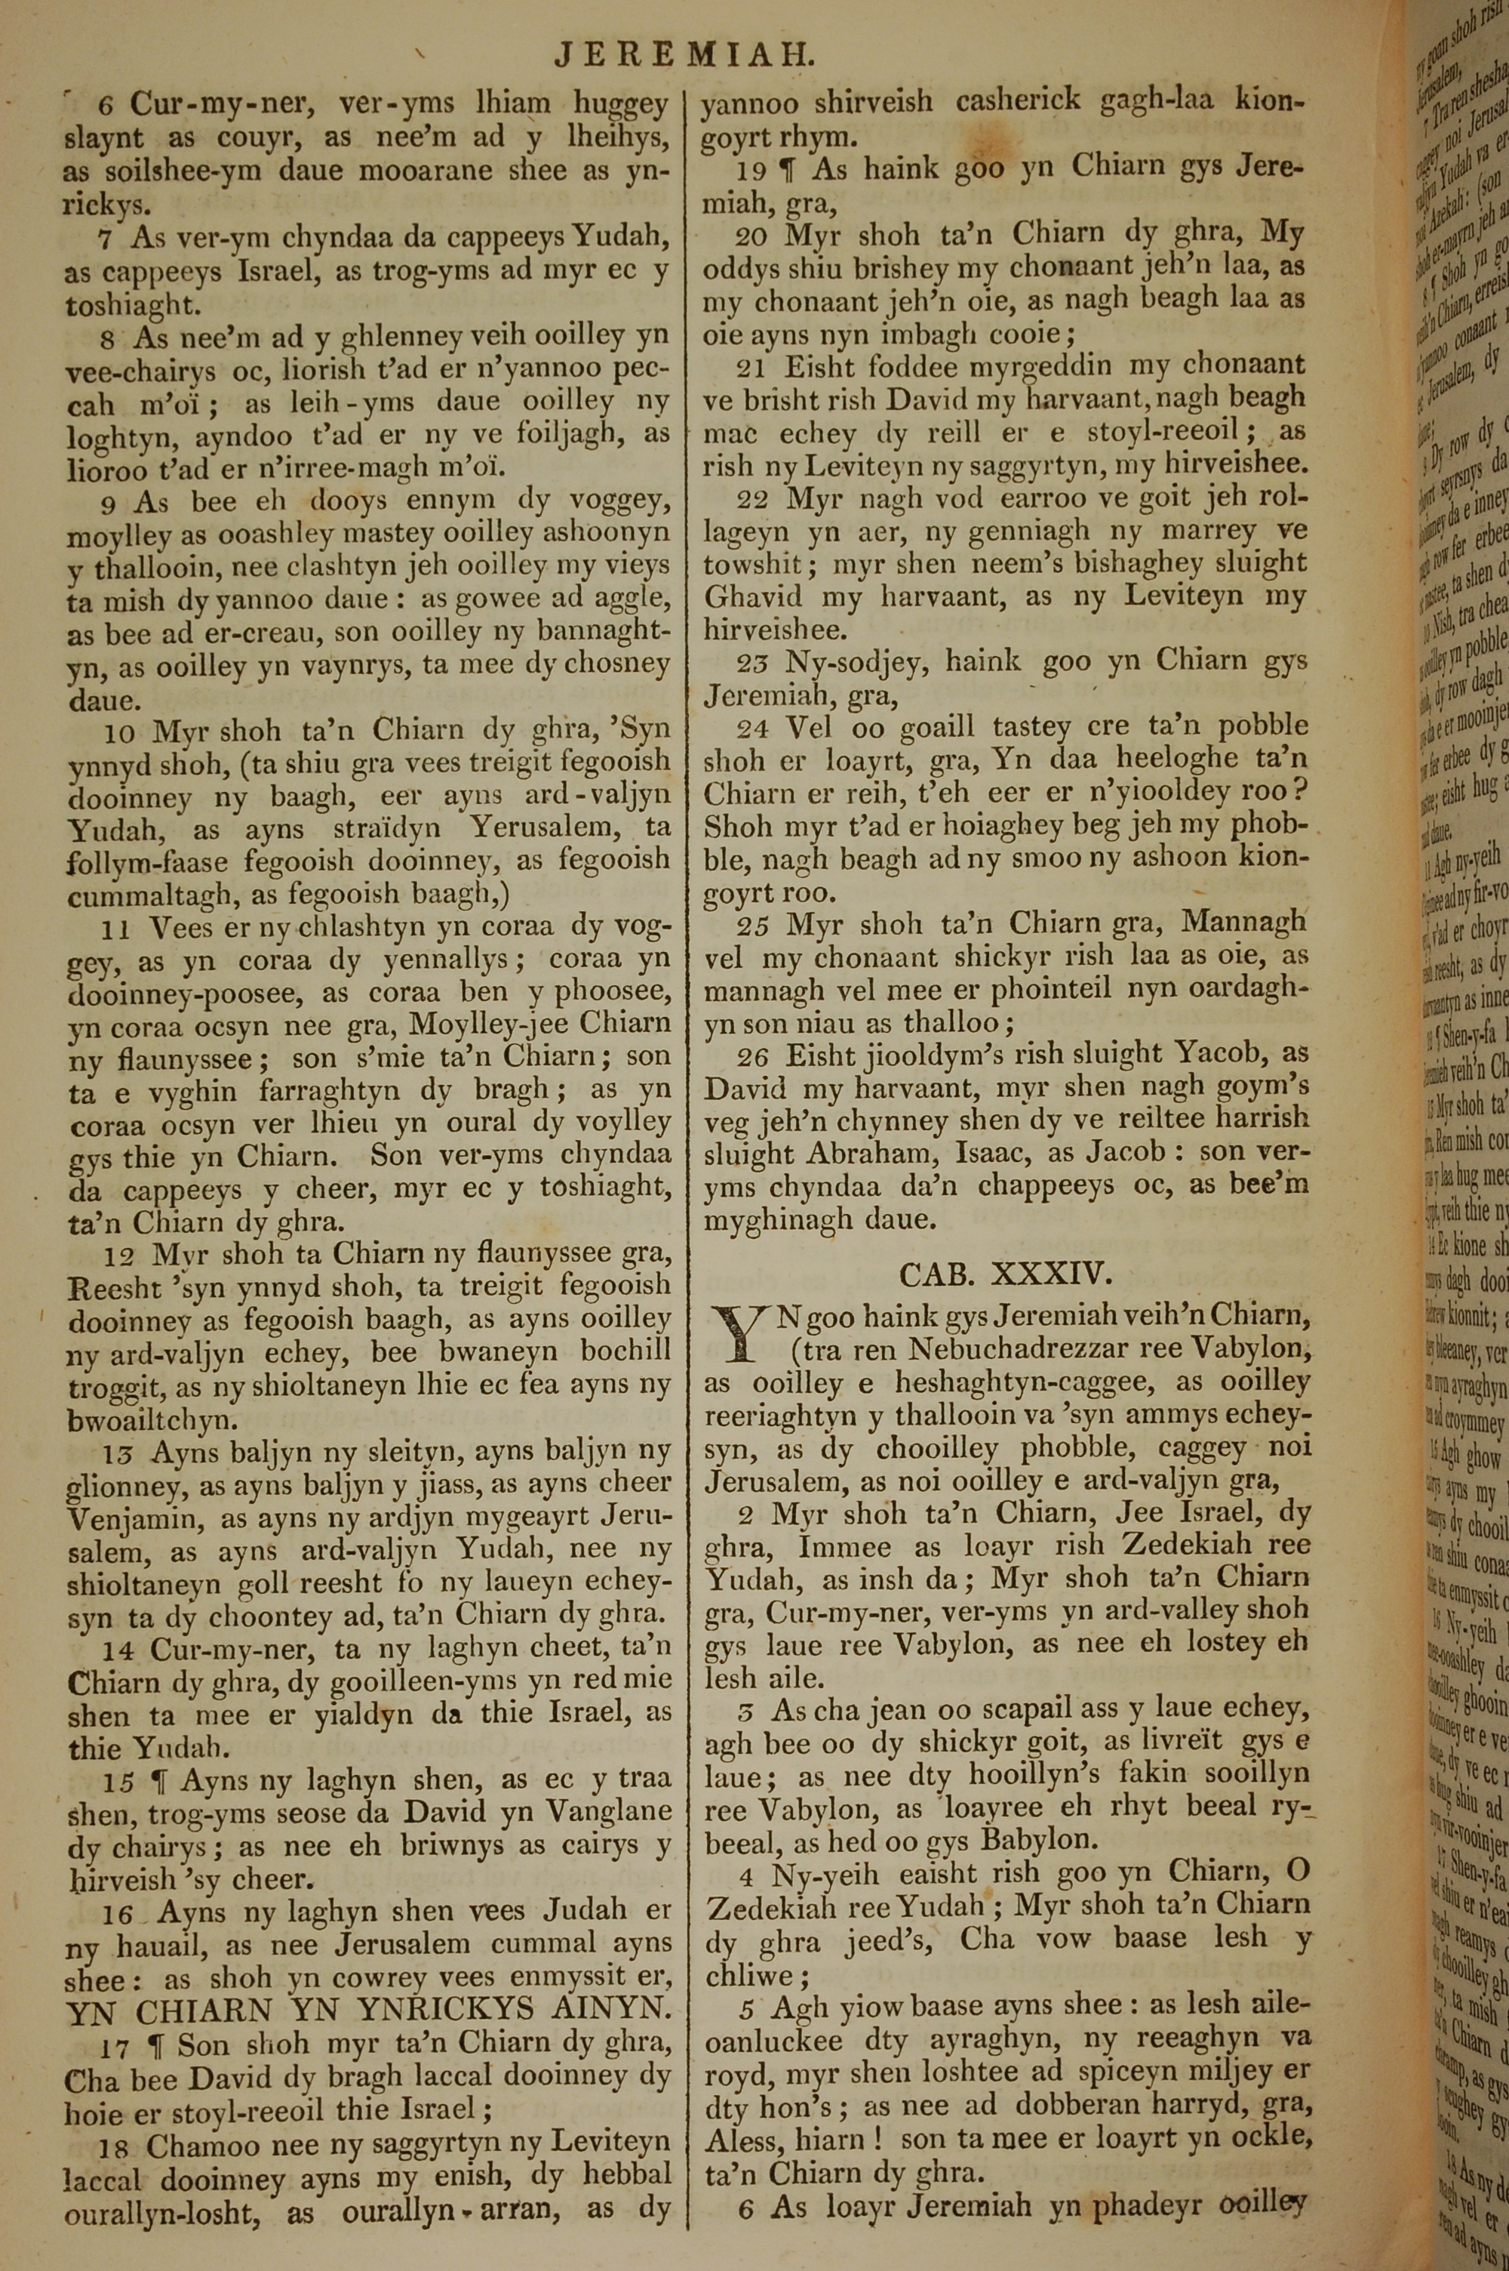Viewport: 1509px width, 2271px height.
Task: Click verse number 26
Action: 752,1058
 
